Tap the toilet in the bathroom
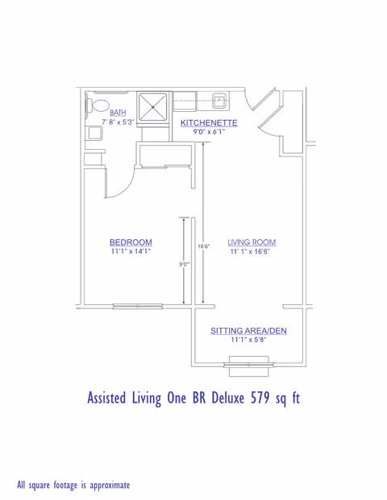(x=98, y=104)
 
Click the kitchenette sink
(x=218, y=101)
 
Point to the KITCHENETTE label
(x=209, y=122)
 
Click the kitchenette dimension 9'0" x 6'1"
(x=209, y=131)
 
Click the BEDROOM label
(x=131, y=242)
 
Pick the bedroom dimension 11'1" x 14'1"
(x=131, y=251)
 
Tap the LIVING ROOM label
(x=252, y=242)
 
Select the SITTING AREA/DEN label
(x=248, y=331)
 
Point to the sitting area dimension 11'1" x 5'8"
(x=248, y=340)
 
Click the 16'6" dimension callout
(x=204, y=246)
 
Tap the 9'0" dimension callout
(x=184, y=263)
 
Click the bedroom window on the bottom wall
(x=138, y=306)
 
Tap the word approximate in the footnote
(x=106, y=485)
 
